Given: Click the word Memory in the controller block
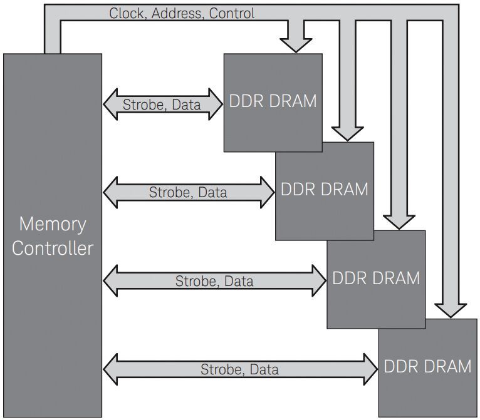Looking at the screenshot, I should [x=53, y=223].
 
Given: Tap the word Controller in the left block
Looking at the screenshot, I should [x=53, y=248].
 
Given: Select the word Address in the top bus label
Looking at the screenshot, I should [x=177, y=13].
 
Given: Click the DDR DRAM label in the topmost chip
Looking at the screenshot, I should [x=273, y=101].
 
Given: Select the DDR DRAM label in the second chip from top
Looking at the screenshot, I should [x=324, y=188].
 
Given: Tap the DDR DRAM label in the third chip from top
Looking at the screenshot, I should [x=375, y=277].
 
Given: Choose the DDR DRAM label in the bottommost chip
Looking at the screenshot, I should [x=427, y=366].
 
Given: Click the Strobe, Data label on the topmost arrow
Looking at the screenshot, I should [x=162, y=105].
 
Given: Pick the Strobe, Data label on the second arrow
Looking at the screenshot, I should [x=188, y=192].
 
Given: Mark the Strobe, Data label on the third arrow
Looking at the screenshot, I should [x=214, y=281].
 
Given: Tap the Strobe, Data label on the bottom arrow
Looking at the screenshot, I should [x=239, y=369].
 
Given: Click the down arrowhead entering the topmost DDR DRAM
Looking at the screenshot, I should [x=295, y=44].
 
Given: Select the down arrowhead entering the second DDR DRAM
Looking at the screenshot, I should [x=347, y=133].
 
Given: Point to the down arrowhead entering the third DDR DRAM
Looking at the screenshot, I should [x=399, y=221].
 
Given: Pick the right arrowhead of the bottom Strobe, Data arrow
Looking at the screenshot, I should [x=370, y=369].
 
